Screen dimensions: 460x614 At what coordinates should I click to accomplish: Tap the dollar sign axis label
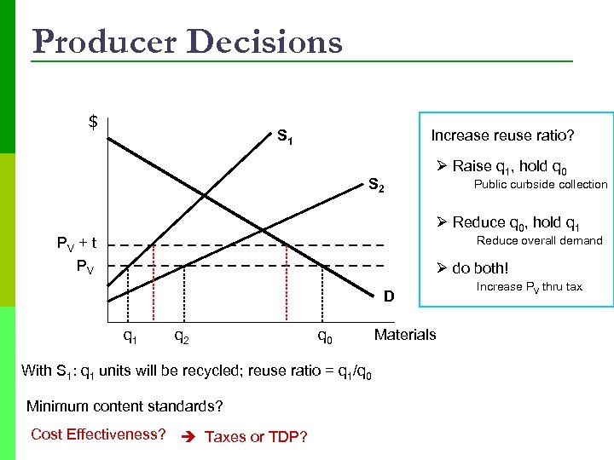[93, 122]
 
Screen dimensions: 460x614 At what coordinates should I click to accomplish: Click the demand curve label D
[388, 296]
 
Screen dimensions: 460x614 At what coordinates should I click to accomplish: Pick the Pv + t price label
[76, 244]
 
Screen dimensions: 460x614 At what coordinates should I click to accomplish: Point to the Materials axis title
[405, 334]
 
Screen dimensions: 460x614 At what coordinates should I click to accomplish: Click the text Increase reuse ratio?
[502, 135]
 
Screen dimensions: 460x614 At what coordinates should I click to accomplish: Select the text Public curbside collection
[541, 184]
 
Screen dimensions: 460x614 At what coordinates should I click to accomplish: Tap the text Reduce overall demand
[539, 240]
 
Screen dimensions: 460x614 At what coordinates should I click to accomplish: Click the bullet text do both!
[479, 268]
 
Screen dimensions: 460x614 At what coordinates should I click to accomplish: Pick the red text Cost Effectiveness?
[98, 434]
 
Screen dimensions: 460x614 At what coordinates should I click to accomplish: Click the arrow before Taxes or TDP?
[189, 436]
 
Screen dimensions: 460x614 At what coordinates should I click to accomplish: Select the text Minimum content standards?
[125, 405]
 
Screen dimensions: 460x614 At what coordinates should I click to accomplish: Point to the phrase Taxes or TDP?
[256, 436]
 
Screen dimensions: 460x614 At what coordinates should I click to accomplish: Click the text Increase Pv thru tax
[529, 286]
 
